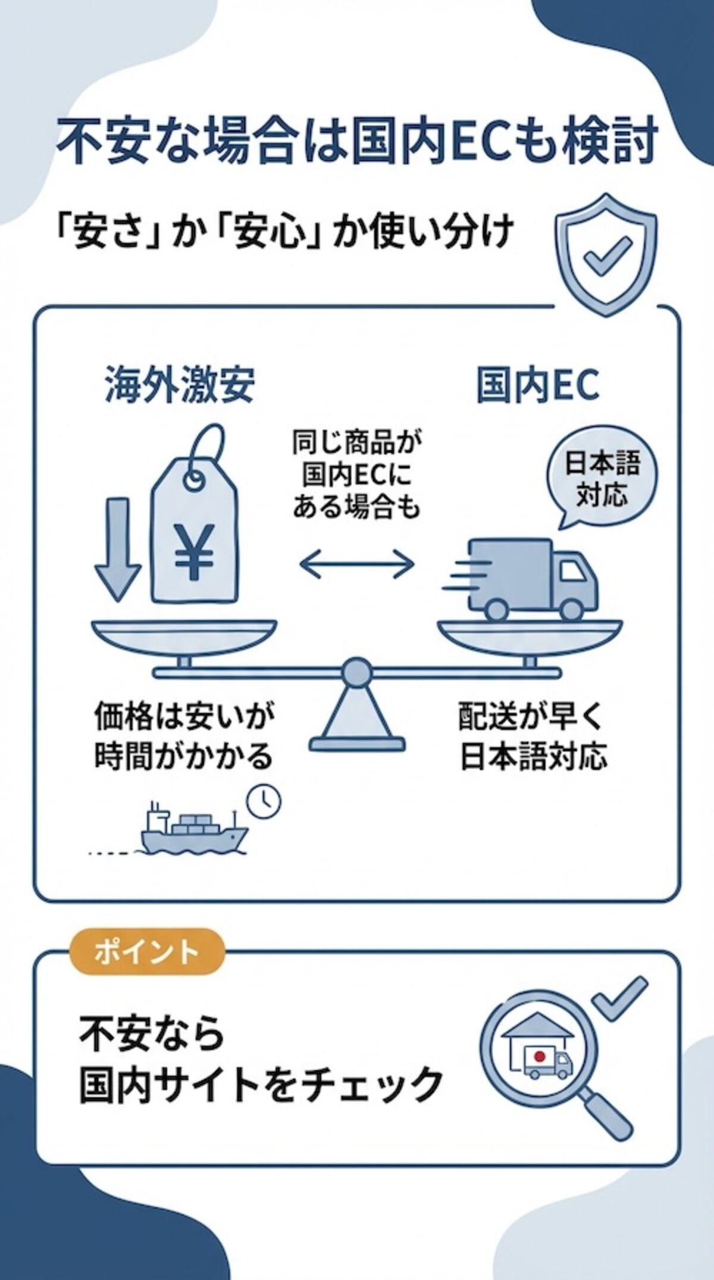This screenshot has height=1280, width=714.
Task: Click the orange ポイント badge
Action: [x=147, y=951]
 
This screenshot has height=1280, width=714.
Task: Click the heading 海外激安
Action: [x=180, y=385]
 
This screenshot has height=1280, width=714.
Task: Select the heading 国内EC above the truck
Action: [x=537, y=385]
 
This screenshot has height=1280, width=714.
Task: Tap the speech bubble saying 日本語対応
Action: [x=602, y=480]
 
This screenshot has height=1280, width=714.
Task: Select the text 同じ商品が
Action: [x=356, y=444]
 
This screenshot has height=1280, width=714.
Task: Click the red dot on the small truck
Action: [x=539, y=1057]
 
